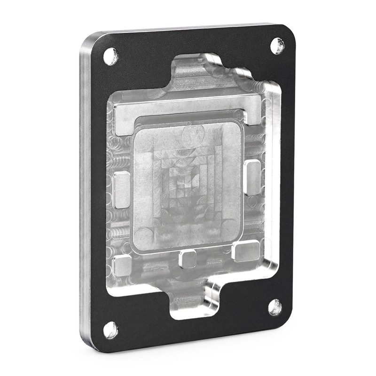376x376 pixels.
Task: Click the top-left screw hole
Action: click(x=110, y=56)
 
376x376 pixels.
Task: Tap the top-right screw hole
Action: click(x=277, y=46)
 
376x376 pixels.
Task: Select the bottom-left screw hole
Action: click(x=110, y=329)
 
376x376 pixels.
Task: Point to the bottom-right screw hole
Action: click(x=275, y=307)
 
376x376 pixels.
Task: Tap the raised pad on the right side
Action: click(x=252, y=177)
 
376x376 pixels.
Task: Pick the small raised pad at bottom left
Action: click(x=122, y=266)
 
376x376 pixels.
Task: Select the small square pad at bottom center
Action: click(x=188, y=258)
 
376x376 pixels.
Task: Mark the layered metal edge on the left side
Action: click(x=86, y=188)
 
